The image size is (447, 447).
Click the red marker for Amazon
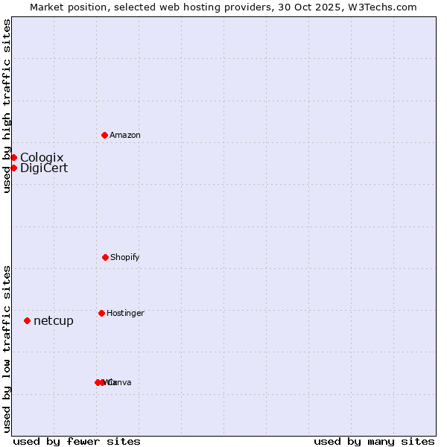104,135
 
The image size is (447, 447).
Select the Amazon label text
124,135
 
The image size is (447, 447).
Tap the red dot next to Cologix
13,157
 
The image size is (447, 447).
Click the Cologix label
42,157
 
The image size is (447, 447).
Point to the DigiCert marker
13,168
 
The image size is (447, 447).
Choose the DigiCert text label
44,168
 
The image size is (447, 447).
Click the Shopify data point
105,257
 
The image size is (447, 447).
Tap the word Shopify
124,257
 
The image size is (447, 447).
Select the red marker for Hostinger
101,313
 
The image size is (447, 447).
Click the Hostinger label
125,313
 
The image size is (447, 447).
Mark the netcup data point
27,320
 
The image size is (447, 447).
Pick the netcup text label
54,321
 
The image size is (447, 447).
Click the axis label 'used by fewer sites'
77,441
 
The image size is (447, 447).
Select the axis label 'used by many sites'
374,441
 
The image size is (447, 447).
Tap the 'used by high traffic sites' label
7,106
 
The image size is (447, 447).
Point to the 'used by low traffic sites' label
7,348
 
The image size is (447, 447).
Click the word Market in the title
48,7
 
